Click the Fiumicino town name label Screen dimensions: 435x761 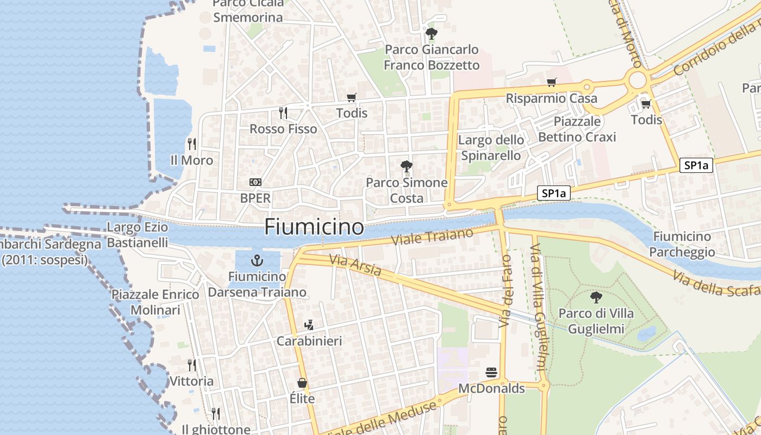click(x=314, y=227)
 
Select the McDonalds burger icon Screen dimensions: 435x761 click(x=491, y=372)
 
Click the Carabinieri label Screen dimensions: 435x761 click(x=309, y=341)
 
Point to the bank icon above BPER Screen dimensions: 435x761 click(x=255, y=182)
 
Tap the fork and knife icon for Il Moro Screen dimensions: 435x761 click(x=191, y=144)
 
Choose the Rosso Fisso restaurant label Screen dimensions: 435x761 click(x=283, y=129)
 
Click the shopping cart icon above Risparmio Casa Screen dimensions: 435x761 click(x=552, y=83)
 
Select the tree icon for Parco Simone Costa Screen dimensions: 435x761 click(x=406, y=166)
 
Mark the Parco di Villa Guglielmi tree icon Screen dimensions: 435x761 click(x=596, y=297)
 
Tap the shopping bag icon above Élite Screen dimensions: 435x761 click(x=302, y=383)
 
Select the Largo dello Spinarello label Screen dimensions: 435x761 click(x=491, y=148)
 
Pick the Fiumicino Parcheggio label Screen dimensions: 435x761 click(x=682, y=244)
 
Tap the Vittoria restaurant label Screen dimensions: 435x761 click(x=192, y=381)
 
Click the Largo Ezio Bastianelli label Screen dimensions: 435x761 click(x=138, y=235)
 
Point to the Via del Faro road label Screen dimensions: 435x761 click(x=506, y=291)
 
